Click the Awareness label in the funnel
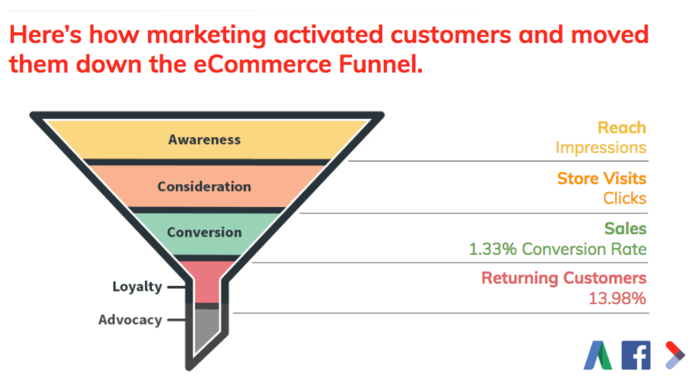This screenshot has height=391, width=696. [x=204, y=140]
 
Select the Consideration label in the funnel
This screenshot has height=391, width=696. [x=204, y=186]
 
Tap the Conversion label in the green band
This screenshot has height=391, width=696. [x=204, y=232]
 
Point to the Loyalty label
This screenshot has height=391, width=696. [x=137, y=287]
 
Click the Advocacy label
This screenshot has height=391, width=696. [x=130, y=320]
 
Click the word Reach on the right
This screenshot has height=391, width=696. [x=622, y=128]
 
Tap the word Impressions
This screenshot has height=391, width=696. [x=601, y=148]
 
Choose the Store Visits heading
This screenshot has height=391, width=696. [x=602, y=179]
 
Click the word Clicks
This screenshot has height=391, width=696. [x=625, y=198]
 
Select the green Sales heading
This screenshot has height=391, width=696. [x=625, y=229]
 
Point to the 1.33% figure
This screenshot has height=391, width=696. [x=493, y=249]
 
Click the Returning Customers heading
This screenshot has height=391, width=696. [x=564, y=278]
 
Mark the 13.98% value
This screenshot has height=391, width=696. [x=617, y=299]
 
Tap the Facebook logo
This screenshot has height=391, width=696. [x=636, y=355]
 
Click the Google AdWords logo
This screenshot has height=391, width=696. [x=598, y=355]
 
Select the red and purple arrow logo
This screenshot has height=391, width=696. [x=675, y=355]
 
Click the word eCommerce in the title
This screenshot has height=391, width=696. [x=263, y=65]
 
